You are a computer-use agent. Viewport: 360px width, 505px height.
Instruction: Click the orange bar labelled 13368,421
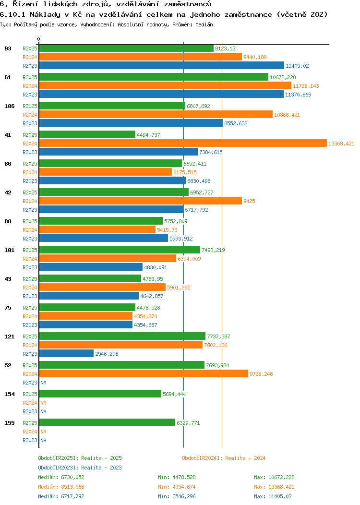tap(182, 144)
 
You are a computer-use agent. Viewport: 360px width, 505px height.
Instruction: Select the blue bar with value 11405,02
tap(161, 66)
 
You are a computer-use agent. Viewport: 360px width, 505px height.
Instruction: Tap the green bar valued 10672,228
tap(153, 77)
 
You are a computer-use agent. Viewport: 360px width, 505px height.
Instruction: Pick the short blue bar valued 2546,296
tap(66, 354)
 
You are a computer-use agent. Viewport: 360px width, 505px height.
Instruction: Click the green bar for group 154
tap(100, 394)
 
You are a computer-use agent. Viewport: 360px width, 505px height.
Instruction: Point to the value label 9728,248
tap(264, 374)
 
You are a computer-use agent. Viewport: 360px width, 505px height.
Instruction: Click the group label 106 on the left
tap(9, 106)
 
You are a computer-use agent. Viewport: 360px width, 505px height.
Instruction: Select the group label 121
tap(9, 337)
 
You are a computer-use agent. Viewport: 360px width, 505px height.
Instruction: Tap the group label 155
tap(9, 423)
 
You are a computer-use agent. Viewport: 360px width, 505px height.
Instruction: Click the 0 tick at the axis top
tap(39, 39)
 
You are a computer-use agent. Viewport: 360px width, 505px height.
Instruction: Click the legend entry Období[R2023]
tap(59, 468)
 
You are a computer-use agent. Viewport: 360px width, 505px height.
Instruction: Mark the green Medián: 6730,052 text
tap(61, 477)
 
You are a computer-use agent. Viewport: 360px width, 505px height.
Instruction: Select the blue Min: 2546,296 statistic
tap(177, 496)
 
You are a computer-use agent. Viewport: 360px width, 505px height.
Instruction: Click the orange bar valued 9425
tap(140, 201)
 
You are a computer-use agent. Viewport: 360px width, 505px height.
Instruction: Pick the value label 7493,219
tap(213, 250)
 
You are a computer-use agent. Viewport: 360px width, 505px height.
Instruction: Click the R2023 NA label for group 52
tap(43, 383)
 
